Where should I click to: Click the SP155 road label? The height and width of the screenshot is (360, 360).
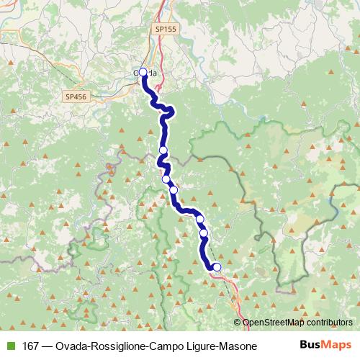point(165,28)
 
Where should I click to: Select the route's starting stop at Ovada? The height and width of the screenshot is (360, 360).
point(143,72)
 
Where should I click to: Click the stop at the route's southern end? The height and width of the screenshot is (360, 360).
point(217,269)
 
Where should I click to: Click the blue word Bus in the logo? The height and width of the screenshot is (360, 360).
point(310,346)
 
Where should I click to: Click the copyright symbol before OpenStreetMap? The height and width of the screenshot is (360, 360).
point(238,323)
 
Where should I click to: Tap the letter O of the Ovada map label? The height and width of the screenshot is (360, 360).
point(136,72)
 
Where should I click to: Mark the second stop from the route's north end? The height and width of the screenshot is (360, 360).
point(163,150)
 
